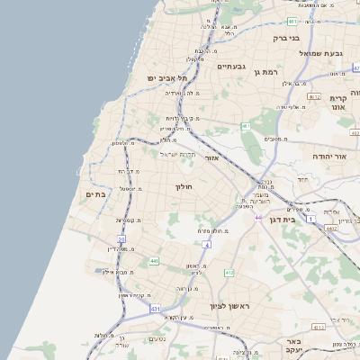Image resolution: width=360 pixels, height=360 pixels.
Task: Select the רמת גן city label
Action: click(268, 70)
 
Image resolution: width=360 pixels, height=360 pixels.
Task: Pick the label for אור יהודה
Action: click(328, 156)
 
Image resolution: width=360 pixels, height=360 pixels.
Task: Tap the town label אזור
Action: click(212, 157)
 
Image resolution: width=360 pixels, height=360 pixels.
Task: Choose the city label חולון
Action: click(184, 186)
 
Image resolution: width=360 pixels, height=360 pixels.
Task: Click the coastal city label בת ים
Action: click(95, 193)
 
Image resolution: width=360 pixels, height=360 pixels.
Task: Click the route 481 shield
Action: click(292, 21)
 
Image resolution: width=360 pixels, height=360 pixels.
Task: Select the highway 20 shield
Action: click(121, 238)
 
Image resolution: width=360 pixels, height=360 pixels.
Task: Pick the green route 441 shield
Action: click(154, 261)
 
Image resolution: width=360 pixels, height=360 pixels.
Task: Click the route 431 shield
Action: click(156, 309)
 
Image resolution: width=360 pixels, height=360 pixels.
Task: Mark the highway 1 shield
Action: click(311, 219)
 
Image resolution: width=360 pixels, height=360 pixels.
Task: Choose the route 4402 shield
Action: click(331, 229)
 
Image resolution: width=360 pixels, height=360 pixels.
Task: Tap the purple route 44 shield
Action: click(258, 217)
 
